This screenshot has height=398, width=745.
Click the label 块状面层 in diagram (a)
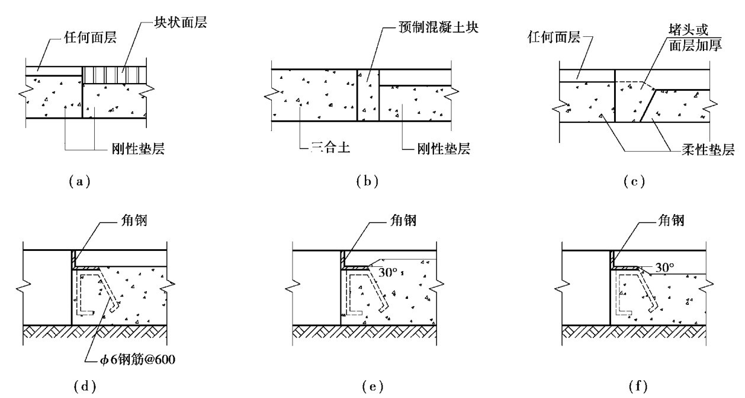coord(180,23)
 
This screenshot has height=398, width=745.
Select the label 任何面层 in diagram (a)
coord(90,37)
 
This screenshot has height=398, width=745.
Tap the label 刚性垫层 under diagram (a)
coord(138,148)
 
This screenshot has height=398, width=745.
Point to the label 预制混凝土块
coord(438,27)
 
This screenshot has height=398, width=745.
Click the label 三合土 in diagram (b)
coord(330,147)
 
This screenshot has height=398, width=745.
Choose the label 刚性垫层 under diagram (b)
coord(444,148)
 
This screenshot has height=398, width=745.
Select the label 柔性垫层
coord(708,149)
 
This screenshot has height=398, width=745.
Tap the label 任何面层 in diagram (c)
coord(554,37)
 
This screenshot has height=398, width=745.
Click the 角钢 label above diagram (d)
coord(134,221)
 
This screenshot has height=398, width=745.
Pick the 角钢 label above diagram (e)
coord(403,221)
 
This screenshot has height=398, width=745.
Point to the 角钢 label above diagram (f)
coord(671,221)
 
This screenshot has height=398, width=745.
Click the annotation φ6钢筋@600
coord(137,359)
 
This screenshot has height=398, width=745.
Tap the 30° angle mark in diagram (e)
coord(388,272)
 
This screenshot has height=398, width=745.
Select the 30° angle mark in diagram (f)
coord(664,267)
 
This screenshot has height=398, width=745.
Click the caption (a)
coord(79,182)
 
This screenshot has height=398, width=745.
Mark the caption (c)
coord(634,182)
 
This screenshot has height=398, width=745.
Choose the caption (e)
coord(372,386)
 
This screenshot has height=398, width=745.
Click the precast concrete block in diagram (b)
coord(368,95)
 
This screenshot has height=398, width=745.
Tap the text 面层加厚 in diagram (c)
coord(695,45)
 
